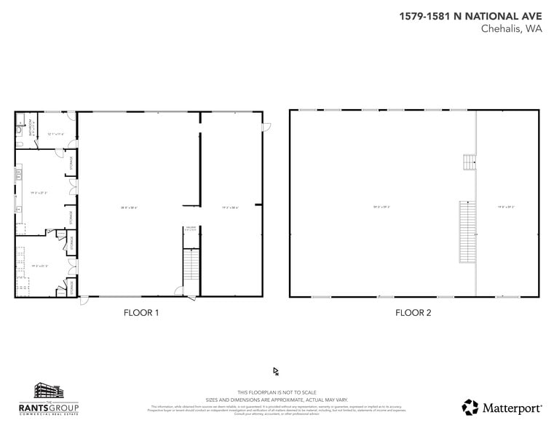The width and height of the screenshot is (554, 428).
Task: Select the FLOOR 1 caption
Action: pos(141,313)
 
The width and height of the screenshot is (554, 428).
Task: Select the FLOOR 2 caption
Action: pos(413,313)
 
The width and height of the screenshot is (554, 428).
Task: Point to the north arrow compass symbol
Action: pos(276,371)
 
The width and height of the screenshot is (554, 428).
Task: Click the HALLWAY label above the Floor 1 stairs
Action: pos(191,228)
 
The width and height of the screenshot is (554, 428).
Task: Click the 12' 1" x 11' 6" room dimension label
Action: pos(56,135)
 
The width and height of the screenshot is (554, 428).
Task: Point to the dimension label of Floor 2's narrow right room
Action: pos(506,207)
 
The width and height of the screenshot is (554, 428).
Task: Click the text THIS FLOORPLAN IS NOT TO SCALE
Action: pos(277,392)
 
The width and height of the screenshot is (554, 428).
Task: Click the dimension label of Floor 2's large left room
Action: pos(381,207)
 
